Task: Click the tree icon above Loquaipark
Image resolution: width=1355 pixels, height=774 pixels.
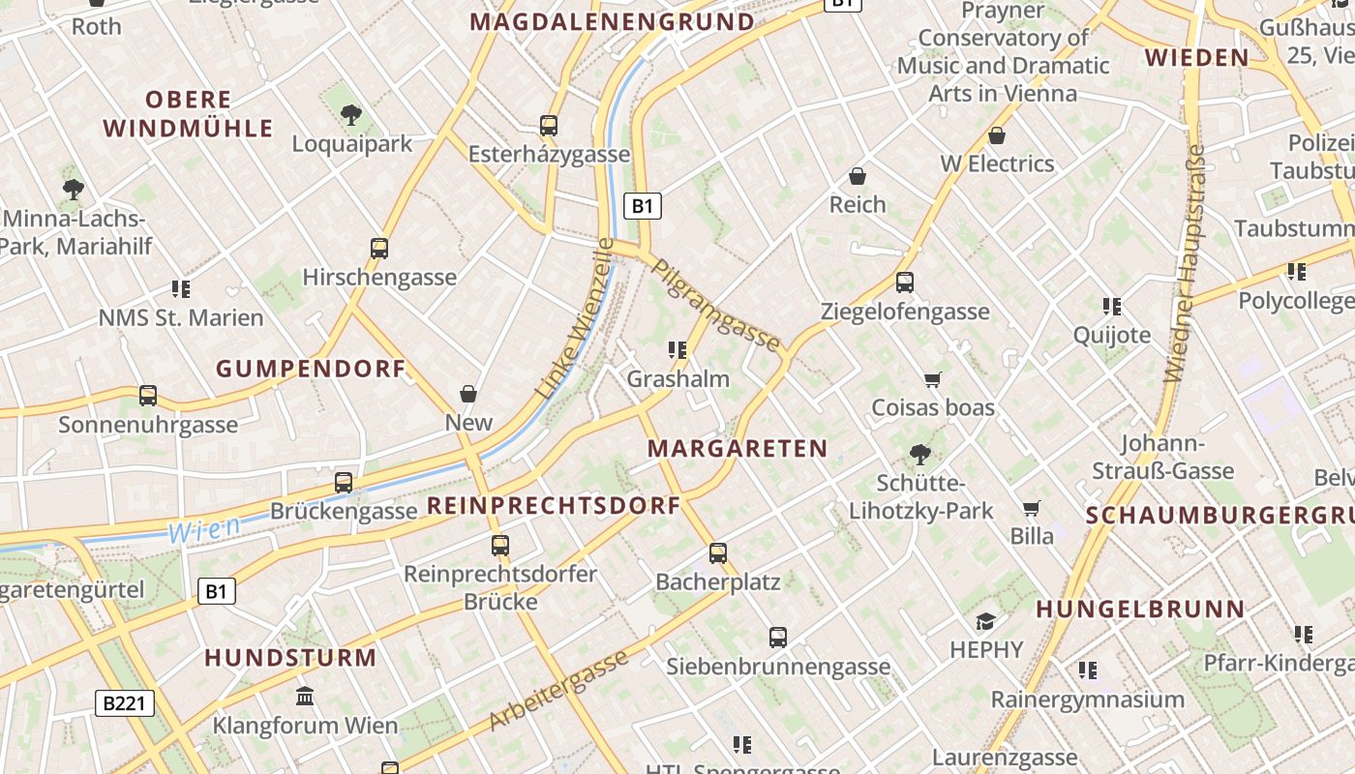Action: click(x=351, y=115)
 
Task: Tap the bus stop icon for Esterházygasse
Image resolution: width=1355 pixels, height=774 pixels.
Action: click(x=549, y=126)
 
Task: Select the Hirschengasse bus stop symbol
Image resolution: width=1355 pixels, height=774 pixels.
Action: click(x=379, y=249)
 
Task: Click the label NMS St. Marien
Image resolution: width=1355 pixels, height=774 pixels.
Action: click(x=181, y=317)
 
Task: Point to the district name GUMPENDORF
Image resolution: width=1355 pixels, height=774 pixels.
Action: click(x=311, y=369)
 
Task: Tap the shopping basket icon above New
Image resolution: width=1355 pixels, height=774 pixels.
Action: click(x=468, y=394)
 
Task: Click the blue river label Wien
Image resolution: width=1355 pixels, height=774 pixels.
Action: click(x=204, y=529)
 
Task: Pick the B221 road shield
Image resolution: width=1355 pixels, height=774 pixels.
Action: click(x=125, y=703)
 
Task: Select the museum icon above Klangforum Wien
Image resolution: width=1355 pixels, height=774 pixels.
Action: click(x=305, y=697)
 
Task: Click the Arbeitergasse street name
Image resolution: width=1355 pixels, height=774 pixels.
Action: click(x=558, y=691)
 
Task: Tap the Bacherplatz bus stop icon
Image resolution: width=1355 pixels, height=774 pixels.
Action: click(x=717, y=553)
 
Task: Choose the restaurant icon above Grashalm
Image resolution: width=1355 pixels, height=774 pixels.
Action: click(x=677, y=349)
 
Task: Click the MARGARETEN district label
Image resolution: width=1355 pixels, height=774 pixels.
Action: click(x=738, y=448)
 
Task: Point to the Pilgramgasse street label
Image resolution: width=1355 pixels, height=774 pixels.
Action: click(x=715, y=304)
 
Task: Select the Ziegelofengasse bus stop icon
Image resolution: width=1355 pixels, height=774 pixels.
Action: click(x=905, y=283)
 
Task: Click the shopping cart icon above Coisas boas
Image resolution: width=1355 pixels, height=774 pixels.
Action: click(x=933, y=379)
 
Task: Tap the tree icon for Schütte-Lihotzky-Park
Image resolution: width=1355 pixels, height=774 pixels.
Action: click(x=920, y=454)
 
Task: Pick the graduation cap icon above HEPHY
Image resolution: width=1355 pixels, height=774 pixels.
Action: click(x=986, y=621)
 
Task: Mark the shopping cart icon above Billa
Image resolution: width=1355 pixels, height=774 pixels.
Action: click(x=1032, y=508)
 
